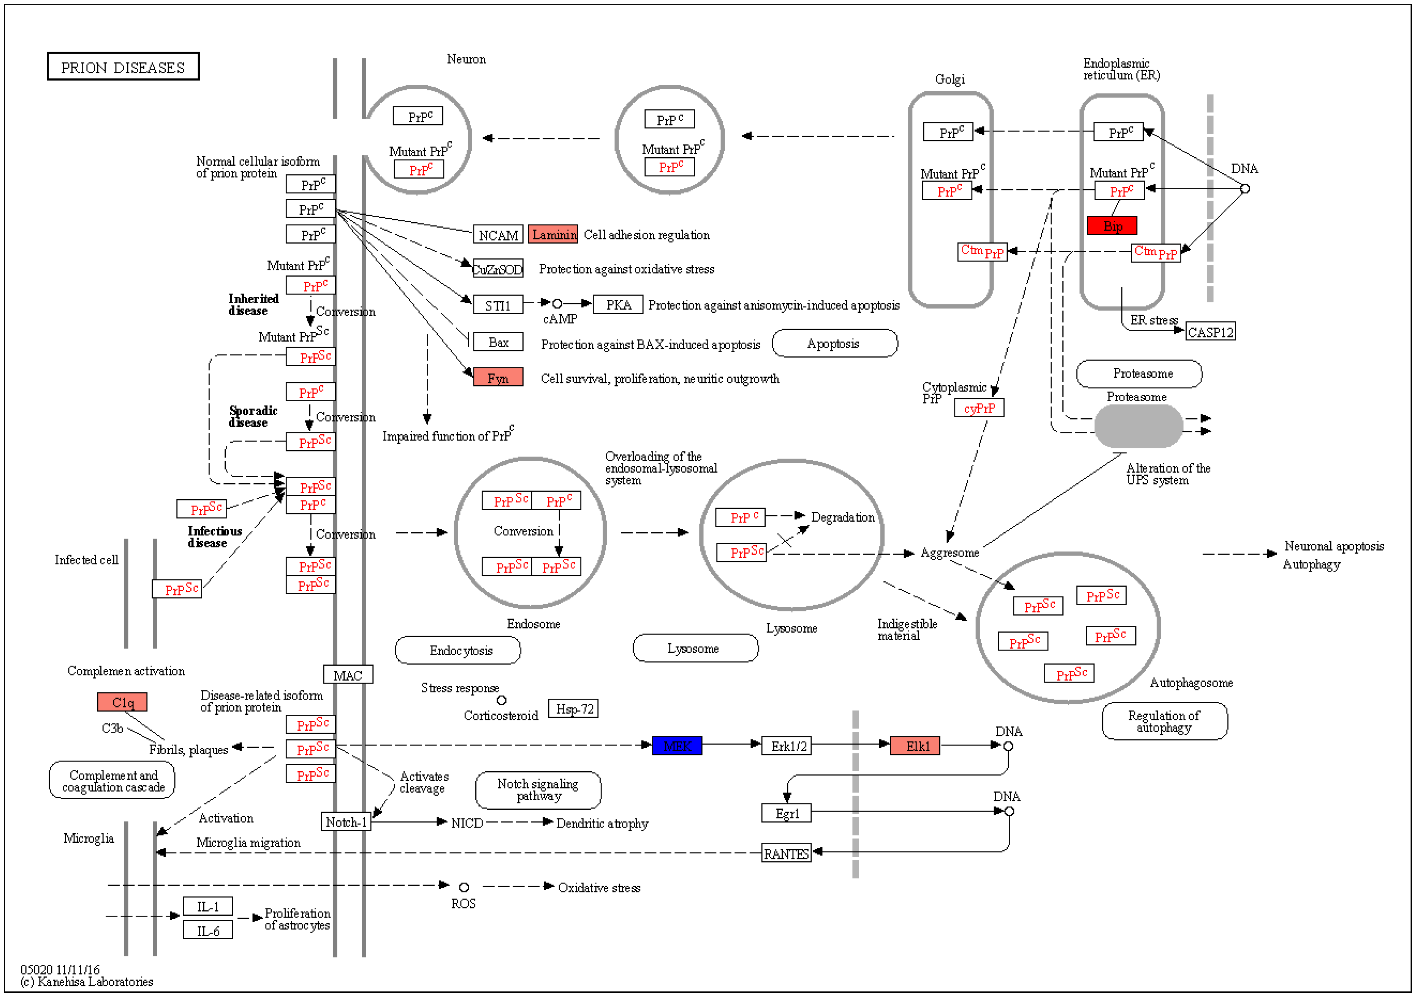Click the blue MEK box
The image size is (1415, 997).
click(x=677, y=745)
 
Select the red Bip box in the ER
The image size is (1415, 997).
click(x=1112, y=226)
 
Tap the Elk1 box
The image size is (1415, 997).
click(x=915, y=745)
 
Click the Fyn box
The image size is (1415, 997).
click(x=498, y=377)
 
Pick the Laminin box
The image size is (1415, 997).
click(x=553, y=234)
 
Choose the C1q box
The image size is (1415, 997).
click(x=122, y=702)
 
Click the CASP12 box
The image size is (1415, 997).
click(x=1211, y=332)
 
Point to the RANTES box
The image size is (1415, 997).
click(x=786, y=853)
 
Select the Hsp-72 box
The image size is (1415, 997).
click(x=573, y=709)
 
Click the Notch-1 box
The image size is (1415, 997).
click(x=346, y=822)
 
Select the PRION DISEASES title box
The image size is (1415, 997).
click(x=123, y=66)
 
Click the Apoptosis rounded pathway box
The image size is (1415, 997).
click(x=834, y=343)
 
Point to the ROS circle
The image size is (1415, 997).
click(x=464, y=887)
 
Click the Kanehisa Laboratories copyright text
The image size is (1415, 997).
click(x=86, y=981)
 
